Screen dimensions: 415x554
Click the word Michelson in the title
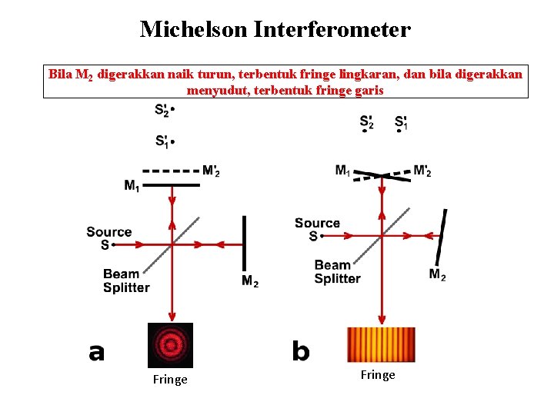192,30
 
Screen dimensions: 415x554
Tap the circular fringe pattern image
170,345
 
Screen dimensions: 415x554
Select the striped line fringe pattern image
381,345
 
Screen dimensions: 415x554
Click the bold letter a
96,353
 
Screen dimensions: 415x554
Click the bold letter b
300,352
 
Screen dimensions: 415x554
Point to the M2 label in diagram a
250,282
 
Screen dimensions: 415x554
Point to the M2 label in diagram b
437,274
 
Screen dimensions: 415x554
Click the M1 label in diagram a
132,184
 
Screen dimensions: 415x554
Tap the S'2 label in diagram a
162,111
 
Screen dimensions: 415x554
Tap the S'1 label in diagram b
401,122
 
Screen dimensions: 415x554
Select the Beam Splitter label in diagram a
126,281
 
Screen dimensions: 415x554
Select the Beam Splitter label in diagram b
337,272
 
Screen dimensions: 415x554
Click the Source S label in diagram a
108,238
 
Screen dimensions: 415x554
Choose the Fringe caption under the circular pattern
170,380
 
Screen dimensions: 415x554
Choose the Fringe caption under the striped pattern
378,375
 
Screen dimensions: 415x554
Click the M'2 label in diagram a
212,171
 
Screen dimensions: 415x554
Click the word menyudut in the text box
218,90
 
